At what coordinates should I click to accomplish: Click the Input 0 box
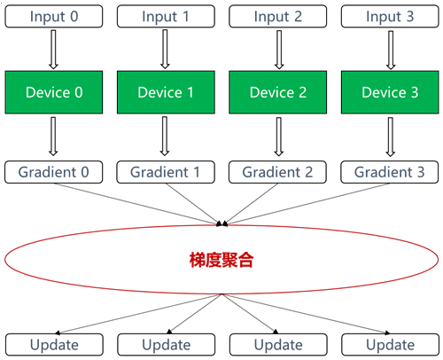tap(54, 16)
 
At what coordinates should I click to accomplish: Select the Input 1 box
tap(166, 16)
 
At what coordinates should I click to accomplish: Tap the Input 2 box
tap(278, 16)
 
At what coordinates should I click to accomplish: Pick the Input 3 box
tap(390, 16)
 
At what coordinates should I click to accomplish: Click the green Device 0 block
tap(54, 92)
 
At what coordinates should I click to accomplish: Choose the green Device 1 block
tap(166, 92)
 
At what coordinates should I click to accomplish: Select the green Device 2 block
tap(278, 92)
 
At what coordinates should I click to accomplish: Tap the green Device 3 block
tap(390, 92)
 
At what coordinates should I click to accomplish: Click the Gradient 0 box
tap(53, 172)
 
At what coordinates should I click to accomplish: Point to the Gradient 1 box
tap(166, 172)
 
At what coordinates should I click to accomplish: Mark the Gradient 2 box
tap(277, 172)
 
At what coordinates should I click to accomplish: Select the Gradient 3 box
tap(390, 172)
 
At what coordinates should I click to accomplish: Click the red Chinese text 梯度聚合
tap(221, 260)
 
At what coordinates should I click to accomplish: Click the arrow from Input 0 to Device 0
tap(53, 50)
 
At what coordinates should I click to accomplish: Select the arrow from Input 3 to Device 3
tap(391, 50)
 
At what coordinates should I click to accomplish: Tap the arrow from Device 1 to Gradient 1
tap(165, 136)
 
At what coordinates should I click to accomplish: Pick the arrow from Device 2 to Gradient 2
tap(279, 137)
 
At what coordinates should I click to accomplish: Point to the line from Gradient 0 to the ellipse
tap(136, 204)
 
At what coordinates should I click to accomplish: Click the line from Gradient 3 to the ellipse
tap(307, 204)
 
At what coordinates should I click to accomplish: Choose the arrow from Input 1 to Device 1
tap(165, 49)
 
